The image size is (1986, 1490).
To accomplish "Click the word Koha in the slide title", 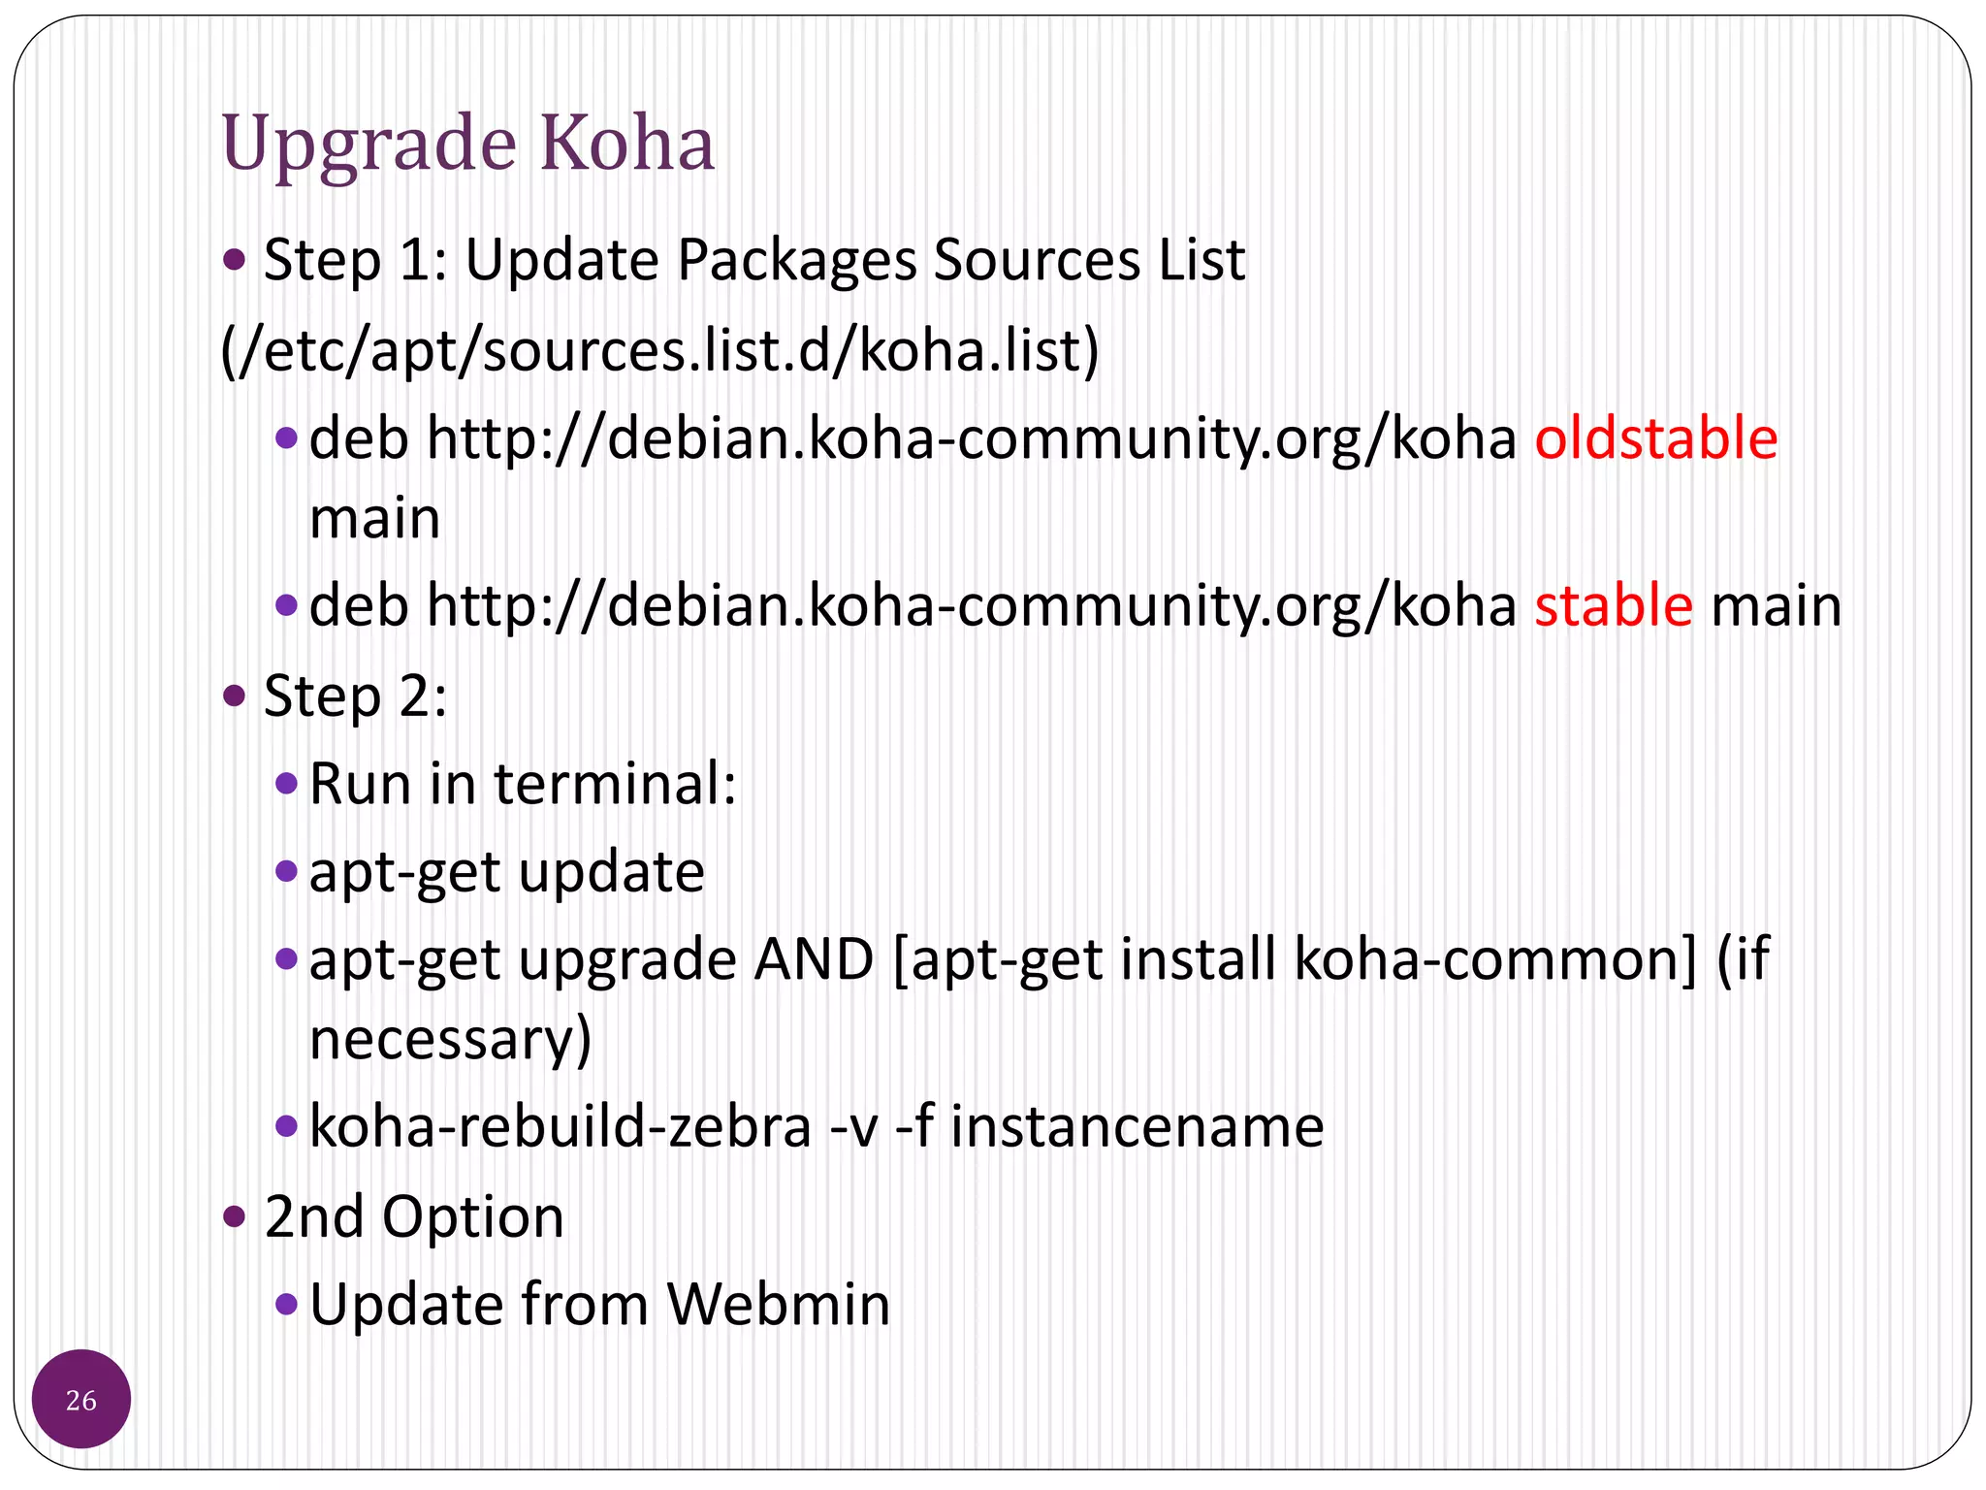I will [x=626, y=144].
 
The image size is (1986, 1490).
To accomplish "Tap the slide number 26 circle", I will [x=81, y=1399].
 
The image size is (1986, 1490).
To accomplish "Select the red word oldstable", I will [x=1655, y=438].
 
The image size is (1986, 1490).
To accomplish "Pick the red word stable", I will [x=1614, y=606].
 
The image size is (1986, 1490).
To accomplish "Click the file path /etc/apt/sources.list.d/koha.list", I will [x=660, y=351].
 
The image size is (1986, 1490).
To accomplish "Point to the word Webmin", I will [x=779, y=1305].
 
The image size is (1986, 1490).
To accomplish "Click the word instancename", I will [x=1137, y=1127].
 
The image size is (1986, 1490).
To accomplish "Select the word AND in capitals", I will [x=815, y=960].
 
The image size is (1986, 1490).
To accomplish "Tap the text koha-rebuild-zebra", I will [x=561, y=1127].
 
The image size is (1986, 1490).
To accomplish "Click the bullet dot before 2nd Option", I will [x=235, y=1215].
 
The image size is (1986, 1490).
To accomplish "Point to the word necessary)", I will [x=450, y=1040].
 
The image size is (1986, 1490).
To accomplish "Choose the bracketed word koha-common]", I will [x=1495, y=960].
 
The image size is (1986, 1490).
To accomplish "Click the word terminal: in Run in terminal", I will [x=616, y=784].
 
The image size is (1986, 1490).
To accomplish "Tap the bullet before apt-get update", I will [x=286, y=870].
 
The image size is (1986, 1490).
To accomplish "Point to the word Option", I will [x=472, y=1217].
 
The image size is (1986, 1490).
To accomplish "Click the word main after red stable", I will [x=1776, y=606].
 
